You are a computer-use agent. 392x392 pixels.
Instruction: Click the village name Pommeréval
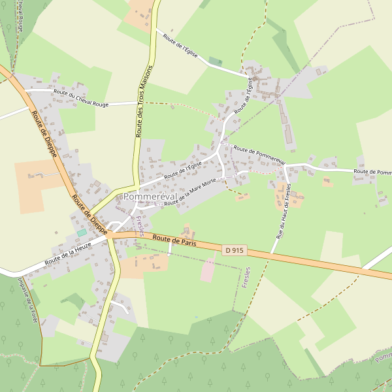149,197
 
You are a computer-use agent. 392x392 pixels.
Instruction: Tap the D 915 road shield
235,250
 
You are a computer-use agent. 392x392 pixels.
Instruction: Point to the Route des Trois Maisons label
144,100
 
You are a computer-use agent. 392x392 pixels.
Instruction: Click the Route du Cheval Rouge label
81,98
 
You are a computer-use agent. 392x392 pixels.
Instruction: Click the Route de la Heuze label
68,253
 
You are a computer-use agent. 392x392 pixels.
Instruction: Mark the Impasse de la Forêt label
27,301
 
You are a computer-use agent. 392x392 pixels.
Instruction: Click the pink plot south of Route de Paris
208,269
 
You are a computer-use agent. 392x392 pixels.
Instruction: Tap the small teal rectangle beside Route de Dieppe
82,233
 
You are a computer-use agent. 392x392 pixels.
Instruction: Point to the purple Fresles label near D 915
246,282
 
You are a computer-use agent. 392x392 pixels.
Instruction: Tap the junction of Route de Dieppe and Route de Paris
112,234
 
